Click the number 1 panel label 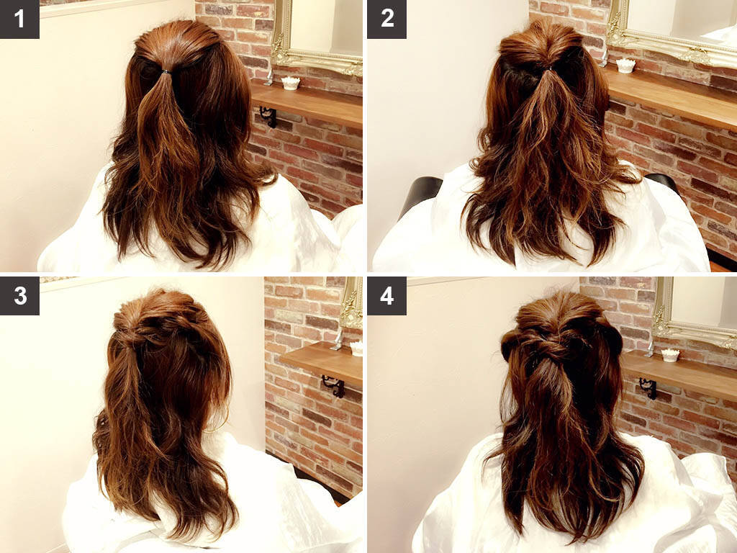click(19, 19)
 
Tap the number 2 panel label click(386, 19)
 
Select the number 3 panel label click(19, 296)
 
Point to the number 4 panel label click(386, 296)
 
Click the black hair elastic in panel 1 click(166, 72)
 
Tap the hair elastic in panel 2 click(548, 68)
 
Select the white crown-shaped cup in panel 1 click(291, 84)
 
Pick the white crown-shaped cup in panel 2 click(625, 66)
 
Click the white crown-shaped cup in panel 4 click(670, 355)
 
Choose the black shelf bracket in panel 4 click(648, 388)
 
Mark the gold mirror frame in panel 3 click(351, 303)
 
